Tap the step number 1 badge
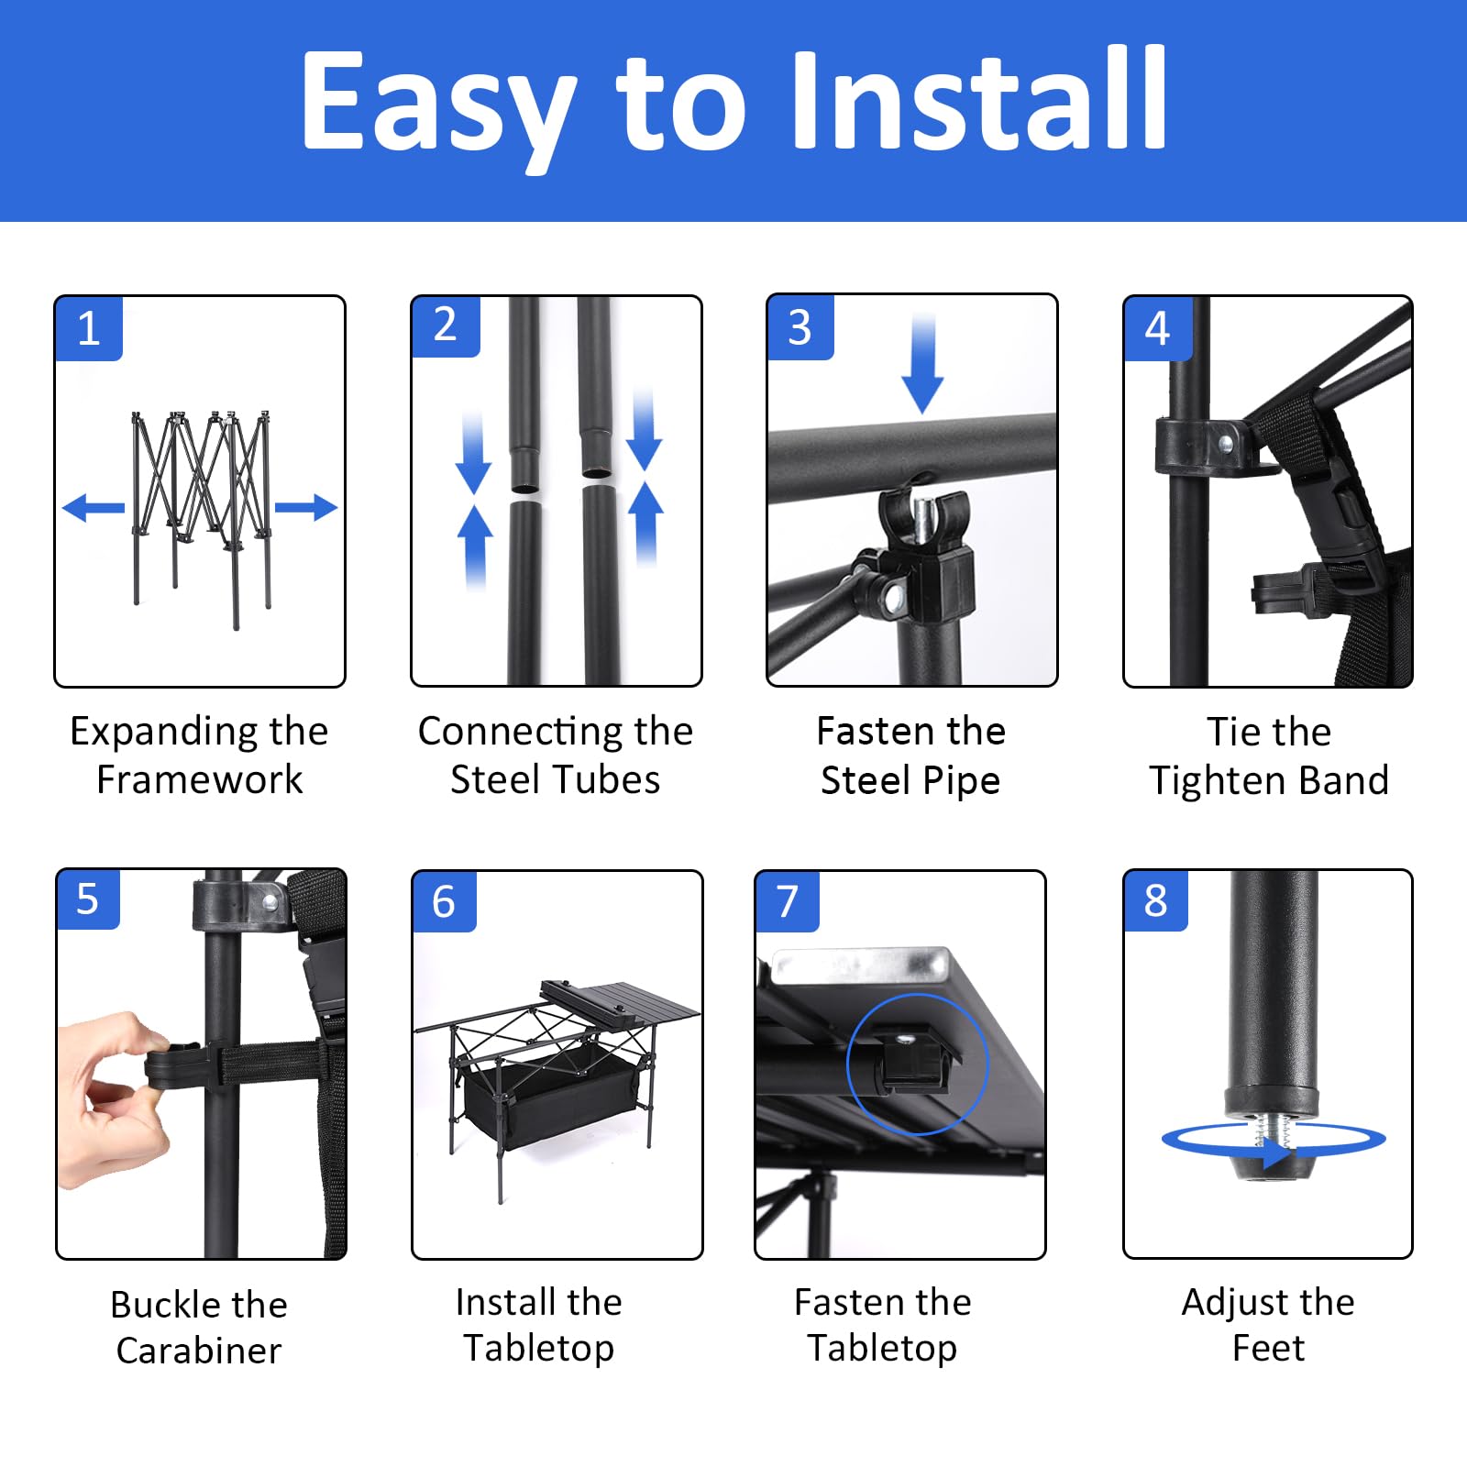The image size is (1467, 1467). tap(89, 328)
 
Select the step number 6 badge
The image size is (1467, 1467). tap(444, 901)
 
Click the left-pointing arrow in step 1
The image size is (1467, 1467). tap(94, 507)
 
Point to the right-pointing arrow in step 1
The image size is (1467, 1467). tap(306, 507)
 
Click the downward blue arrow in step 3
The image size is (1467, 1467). tap(922, 364)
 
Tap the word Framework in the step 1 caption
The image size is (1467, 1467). tap(199, 779)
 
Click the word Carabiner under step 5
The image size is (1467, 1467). tap(199, 1351)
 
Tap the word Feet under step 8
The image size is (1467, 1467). tap(1268, 1348)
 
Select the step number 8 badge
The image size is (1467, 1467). tap(1155, 900)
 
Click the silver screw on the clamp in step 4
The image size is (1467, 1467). tap(1225, 445)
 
